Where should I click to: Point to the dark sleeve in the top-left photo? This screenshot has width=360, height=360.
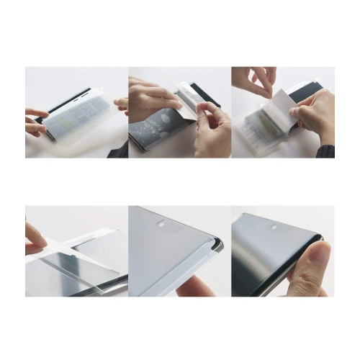pyautogui.click(x=118, y=150)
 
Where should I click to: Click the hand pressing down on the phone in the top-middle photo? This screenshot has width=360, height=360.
pyautogui.click(x=151, y=97)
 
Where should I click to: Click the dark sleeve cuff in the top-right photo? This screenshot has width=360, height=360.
pyautogui.click(x=328, y=150)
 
